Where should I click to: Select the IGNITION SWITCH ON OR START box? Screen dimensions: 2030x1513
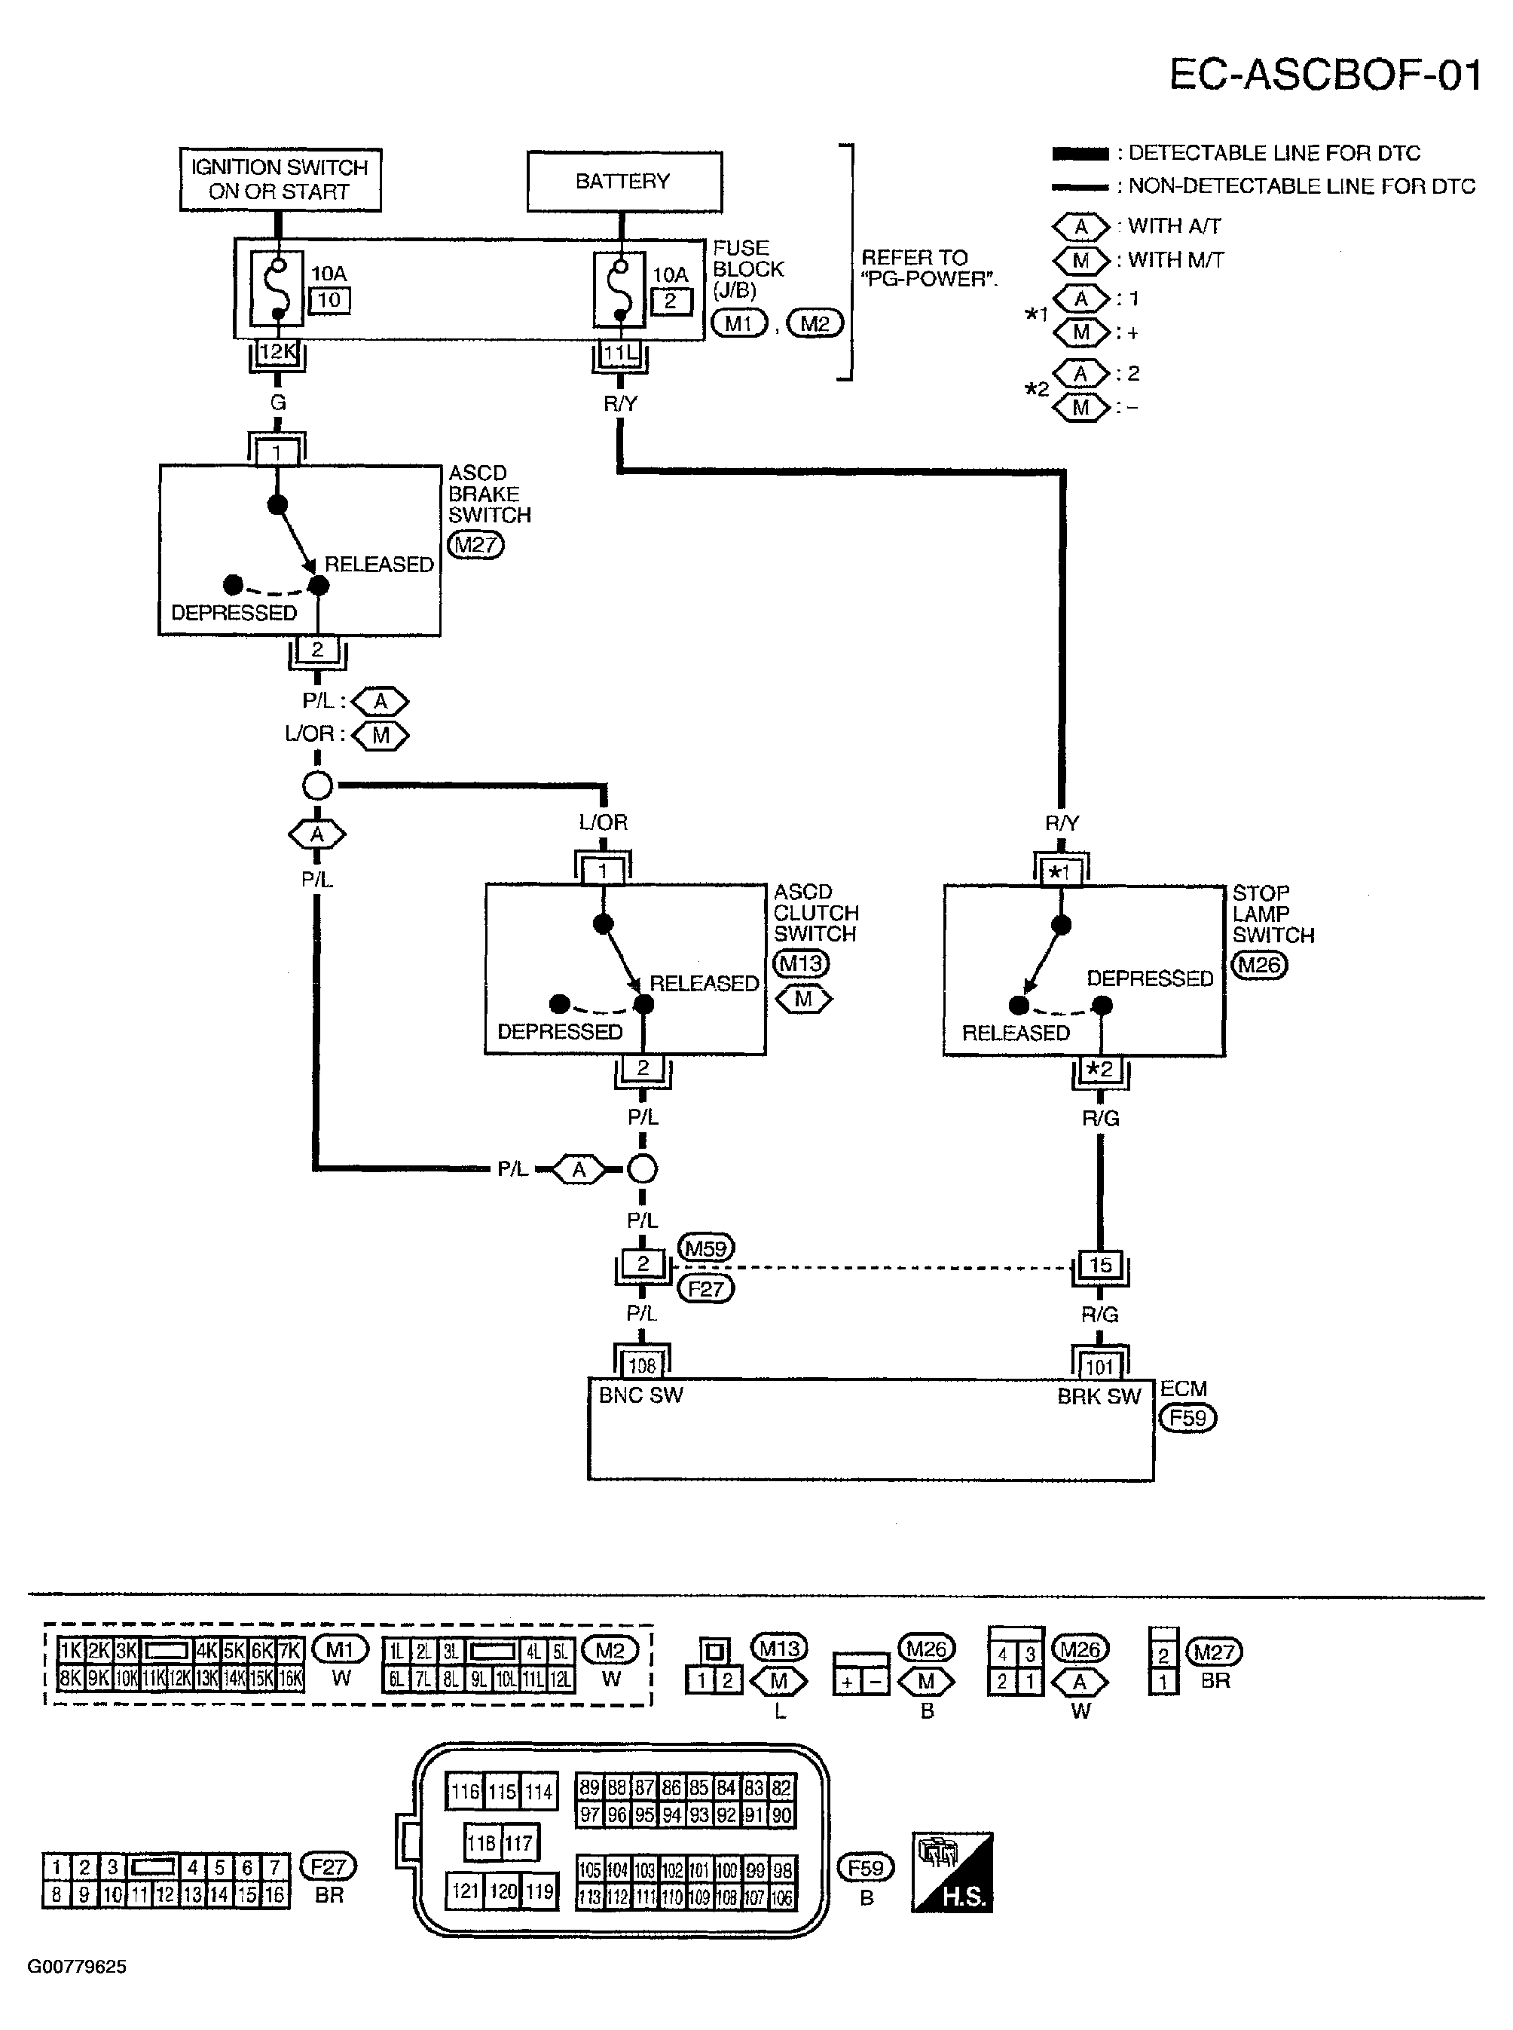280,179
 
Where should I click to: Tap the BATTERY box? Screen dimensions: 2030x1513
624,182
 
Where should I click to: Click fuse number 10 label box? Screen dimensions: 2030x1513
329,301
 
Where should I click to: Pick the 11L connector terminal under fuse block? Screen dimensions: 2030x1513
620,353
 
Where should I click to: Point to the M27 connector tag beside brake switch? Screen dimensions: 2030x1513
476,545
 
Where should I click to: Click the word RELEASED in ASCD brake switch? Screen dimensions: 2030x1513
379,565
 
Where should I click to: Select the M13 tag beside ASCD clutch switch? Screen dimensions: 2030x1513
802,963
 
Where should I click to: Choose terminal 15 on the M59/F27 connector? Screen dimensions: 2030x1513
1100,1265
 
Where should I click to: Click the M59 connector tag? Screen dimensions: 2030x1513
706,1248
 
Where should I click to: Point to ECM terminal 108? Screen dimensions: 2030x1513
642,1366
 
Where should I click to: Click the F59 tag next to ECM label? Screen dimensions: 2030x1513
1187,1418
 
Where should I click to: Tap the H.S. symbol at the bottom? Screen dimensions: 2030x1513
952,1872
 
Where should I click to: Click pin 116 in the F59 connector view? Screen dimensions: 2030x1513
464,1791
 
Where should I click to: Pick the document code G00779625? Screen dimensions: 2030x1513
77,1966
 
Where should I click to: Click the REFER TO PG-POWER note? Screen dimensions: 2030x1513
927,268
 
